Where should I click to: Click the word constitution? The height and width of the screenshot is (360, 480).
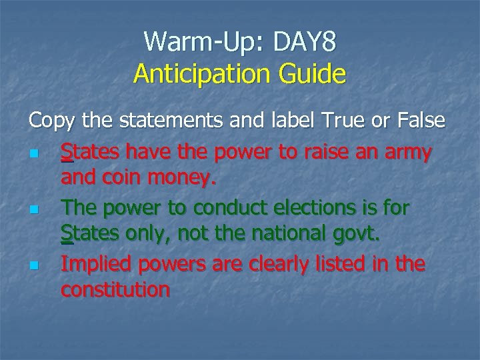pyautogui.click(x=115, y=291)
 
